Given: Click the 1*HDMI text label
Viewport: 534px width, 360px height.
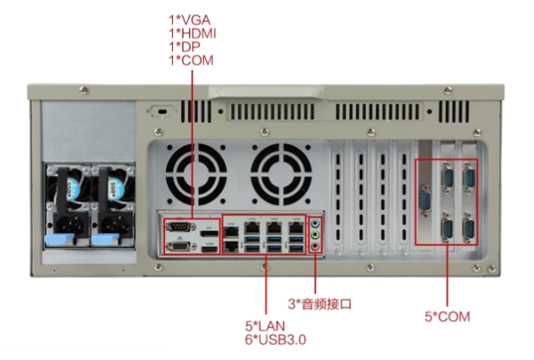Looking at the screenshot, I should [193, 33].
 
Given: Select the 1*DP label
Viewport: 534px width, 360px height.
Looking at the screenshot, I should [187, 46].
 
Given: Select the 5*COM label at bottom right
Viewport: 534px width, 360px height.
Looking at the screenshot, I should [448, 317].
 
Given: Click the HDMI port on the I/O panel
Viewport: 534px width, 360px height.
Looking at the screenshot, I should [209, 248].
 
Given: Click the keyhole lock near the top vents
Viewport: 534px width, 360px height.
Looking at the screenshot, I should [161, 111].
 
